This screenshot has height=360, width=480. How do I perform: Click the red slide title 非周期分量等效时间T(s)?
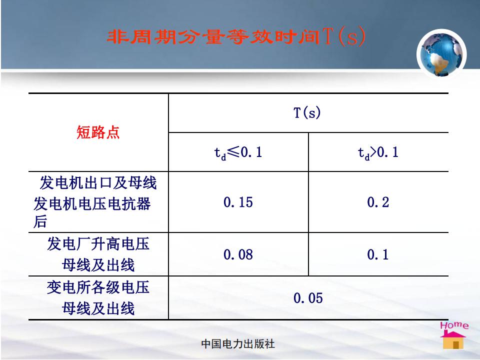tap(236, 36)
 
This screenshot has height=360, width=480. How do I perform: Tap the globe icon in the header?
tap(441, 54)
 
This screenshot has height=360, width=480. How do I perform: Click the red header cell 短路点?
tap(98, 132)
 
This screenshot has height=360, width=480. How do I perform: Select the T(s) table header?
tap(307, 112)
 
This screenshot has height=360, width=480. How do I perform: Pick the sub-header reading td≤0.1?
tap(238, 152)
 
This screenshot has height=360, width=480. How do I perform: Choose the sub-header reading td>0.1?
tap(378, 152)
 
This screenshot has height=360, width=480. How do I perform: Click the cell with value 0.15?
tap(238, 202)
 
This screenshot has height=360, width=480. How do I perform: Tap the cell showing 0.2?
tap(378, 202)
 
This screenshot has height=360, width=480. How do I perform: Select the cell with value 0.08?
tap(238, 254)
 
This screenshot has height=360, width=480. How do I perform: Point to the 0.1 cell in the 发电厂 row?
tap(378, 254)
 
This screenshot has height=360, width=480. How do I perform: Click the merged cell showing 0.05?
tap(308, 298)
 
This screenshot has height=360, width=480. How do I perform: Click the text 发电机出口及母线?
tap(98, 183)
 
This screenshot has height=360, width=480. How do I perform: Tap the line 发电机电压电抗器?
tap(92, 204)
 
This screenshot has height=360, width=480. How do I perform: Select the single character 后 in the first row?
tap(40, 221)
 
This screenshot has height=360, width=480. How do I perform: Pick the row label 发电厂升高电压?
tap(98, 244)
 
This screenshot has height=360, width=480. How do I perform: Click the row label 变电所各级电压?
tap(98, 288)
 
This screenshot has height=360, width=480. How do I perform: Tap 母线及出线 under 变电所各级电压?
tap(98, 308)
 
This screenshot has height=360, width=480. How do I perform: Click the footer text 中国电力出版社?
tap(238, 344)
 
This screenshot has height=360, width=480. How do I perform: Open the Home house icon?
tap(453, 339)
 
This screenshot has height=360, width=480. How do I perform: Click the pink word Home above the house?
tap(454, 325)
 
